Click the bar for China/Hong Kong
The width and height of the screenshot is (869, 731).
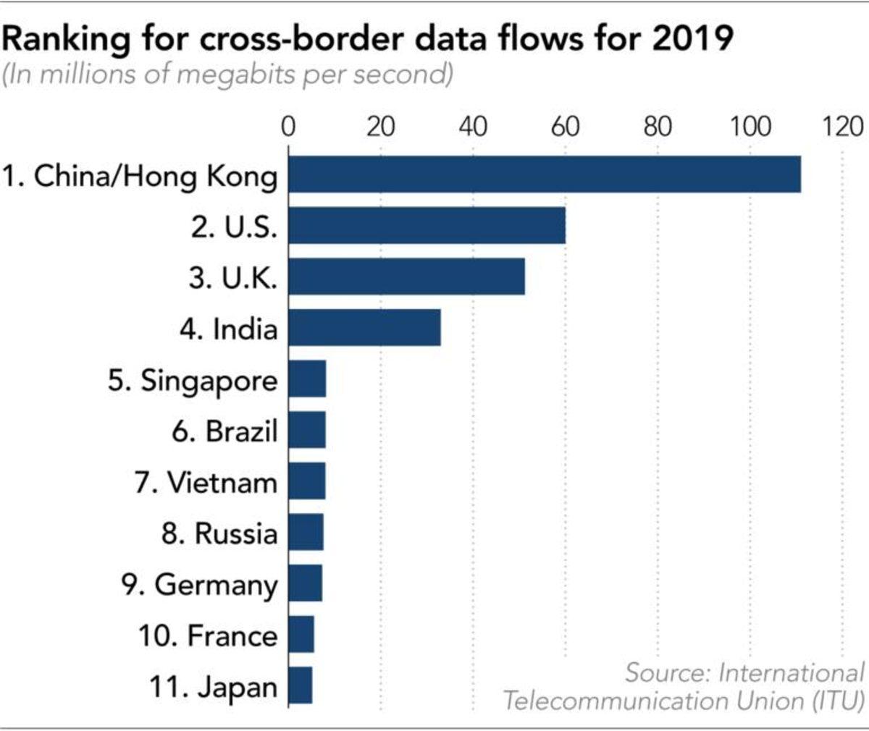coord(545,174)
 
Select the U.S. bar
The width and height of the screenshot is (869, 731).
coord(427,226)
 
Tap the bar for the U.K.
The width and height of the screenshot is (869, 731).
coord(406,277)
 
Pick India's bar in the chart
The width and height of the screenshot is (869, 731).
coord(364,329)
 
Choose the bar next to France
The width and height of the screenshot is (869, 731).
coord(301,635)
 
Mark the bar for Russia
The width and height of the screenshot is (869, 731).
coord(306,533)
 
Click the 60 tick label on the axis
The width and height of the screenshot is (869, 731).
coord(565,127)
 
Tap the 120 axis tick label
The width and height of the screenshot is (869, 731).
coord(842,127)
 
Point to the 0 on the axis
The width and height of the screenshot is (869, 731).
coord(288,127)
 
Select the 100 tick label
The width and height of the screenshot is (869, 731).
coord(750,127)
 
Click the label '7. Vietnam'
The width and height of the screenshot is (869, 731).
coord(206,483)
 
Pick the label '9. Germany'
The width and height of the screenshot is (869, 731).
coord(199,585)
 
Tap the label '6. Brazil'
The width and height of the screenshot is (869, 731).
coord(224,431)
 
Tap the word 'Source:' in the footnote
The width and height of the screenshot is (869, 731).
coord(666,672)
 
